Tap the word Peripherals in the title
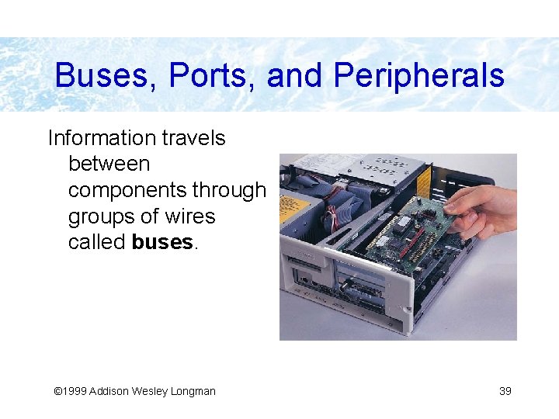tap(419, 76)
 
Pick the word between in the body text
tap(109, 164)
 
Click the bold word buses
tap(162, 242)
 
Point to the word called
tap(97, 242)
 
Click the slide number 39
tap(505, 391)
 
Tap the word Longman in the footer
tap(190, 391)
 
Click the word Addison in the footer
tap(109, 391)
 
